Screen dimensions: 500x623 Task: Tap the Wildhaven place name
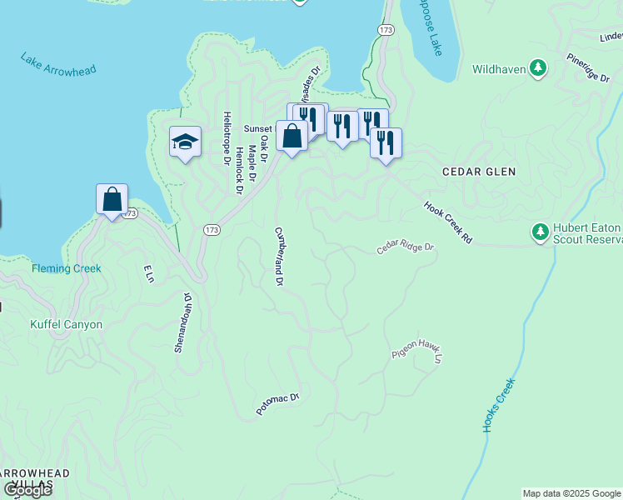point(499,69)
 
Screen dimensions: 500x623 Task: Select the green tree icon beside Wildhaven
point(539,68)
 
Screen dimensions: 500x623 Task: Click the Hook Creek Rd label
point(448,222)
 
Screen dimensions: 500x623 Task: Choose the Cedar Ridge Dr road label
point(406,248)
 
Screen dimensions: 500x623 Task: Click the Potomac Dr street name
point(277,406)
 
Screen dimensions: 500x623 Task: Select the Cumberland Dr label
point(279,257)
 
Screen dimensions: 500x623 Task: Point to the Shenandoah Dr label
point(182,322)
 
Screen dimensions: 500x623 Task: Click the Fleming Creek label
point(66,268)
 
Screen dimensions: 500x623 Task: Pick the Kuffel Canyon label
point(66,324)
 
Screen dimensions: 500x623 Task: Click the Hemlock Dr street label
point(238,172)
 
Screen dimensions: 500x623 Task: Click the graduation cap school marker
point(185,142)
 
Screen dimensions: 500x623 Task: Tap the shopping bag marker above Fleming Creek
point(112,200)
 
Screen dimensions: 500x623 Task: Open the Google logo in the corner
point(27,490)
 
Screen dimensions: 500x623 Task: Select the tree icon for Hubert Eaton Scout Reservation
point(540,231)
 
